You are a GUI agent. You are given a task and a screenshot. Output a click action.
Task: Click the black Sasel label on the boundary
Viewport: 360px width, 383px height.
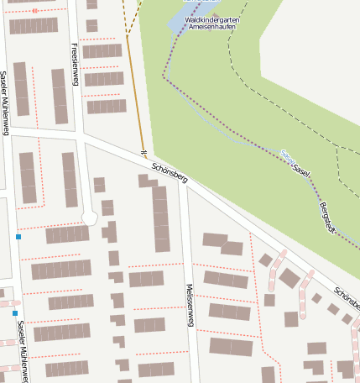point(300,171)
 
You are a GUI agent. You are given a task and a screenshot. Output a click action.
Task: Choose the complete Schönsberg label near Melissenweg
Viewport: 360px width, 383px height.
point(170,173)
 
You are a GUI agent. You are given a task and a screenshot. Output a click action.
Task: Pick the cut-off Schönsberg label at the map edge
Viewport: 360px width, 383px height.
point(347,296)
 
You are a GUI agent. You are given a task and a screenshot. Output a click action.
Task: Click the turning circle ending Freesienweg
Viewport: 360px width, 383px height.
point(90,218)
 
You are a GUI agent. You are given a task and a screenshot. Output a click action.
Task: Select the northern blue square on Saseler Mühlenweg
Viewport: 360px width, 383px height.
point(18,238)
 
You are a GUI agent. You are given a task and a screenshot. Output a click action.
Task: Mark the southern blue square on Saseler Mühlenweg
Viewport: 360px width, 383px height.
point(14,313)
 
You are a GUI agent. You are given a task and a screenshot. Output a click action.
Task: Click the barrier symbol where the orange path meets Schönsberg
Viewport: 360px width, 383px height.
point(143,153)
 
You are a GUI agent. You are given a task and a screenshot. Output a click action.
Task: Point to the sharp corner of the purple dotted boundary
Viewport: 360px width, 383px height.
point(164,78)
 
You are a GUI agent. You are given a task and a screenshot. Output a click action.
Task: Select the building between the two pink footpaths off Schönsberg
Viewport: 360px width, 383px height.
point(290,278)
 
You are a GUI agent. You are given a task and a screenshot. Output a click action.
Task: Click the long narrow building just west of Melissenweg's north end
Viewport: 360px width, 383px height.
point(160,218)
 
